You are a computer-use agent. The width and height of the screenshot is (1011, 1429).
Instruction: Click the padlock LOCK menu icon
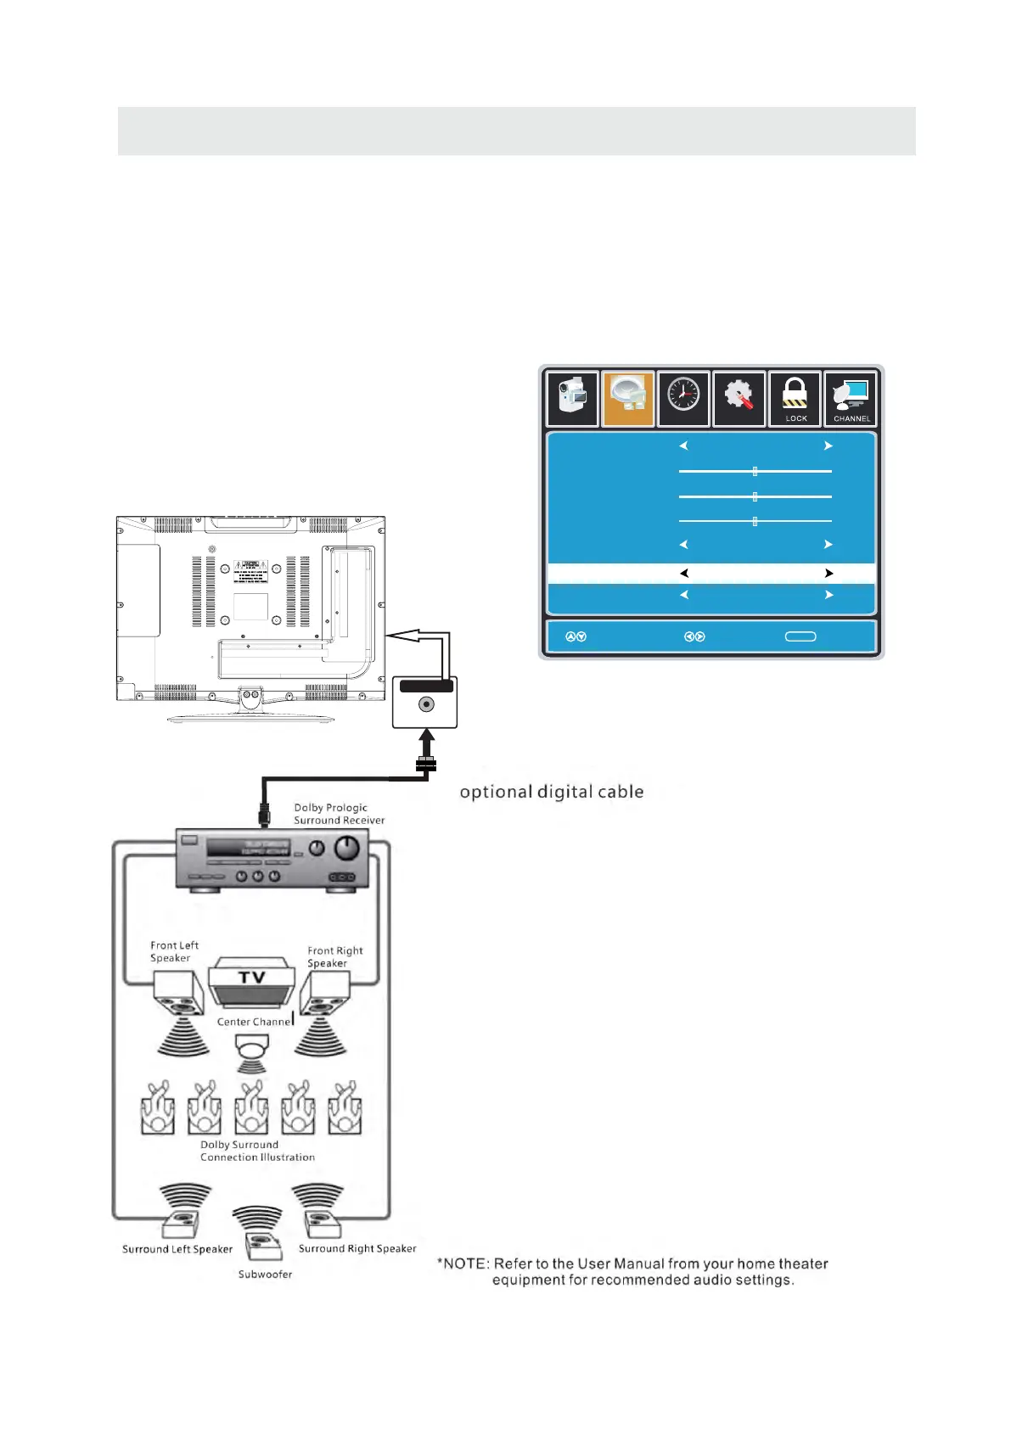(x=795, y=398)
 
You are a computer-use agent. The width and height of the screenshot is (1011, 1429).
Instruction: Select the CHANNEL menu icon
(x=851, y=398)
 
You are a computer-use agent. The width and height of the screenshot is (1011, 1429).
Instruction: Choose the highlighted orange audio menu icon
(x=628, y=398)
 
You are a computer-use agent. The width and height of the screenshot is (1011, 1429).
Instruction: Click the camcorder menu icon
(x=573, y=398)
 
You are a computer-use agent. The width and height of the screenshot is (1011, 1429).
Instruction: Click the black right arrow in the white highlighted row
(x=828, y=574)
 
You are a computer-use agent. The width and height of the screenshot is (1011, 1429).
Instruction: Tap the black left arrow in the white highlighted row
(x=684, y=574)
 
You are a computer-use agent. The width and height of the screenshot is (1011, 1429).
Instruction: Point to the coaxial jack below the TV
(x=426, y=704)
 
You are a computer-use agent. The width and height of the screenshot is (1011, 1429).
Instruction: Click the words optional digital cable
(x=552, y=792)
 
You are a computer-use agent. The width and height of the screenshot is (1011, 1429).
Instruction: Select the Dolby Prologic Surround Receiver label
(x=339, y=814)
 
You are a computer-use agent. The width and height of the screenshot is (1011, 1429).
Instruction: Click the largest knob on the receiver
(x=347, y=847)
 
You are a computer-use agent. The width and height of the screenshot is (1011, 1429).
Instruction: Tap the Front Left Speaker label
(x=174, y=951)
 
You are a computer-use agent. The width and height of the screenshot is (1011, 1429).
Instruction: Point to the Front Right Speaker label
(x=334, y=956)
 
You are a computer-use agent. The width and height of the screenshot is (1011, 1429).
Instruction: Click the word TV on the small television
(x=251, y=978)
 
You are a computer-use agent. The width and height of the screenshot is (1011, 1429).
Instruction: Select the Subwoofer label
(x=265, y=1274)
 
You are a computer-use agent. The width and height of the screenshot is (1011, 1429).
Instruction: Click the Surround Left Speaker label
(x=177, y=1249)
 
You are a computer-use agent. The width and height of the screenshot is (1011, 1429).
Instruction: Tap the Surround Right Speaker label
(x=357, y=1248)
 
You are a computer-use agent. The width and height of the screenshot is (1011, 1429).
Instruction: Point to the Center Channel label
(x=254, y=1022)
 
